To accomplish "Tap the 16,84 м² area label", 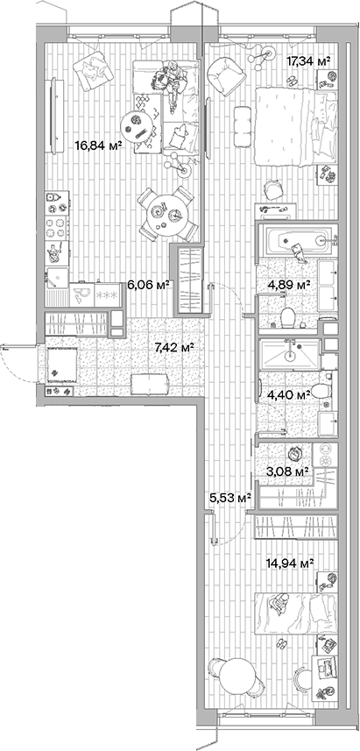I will click(x=96, y=146).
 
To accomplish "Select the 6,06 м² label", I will click(x=148, y=284).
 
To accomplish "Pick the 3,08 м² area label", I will click(x=289, y=471).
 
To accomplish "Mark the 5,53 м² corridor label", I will click(x=230, y=498).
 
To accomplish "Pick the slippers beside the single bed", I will click(x=282, y=645).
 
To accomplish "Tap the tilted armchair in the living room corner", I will click(x=91, y=72).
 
